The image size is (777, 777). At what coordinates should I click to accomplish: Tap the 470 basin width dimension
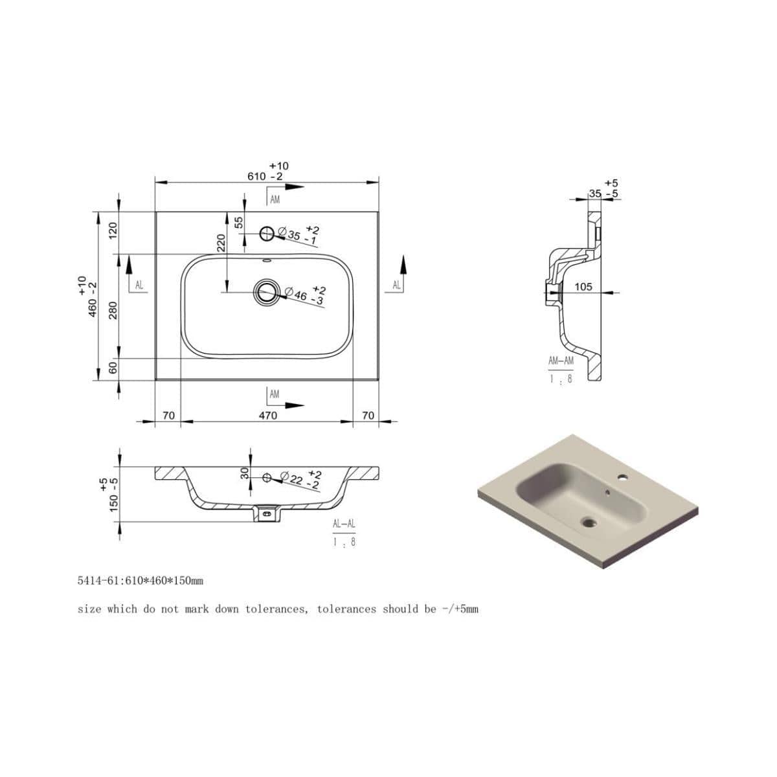pyautogui.click(x=267, y=415)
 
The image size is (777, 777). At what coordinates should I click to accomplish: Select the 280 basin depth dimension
pyautogui.click(x=113, y=310)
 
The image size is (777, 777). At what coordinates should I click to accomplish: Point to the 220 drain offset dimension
pyautogui.click(x=221, y=243)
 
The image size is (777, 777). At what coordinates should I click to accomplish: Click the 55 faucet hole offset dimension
pyautogui.click(x=239, y=223)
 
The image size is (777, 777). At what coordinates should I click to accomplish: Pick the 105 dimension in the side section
pyautogui.click(x=583, y=286)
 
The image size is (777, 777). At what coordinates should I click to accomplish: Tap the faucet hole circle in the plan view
pyautogui.click(x=267, y=233)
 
